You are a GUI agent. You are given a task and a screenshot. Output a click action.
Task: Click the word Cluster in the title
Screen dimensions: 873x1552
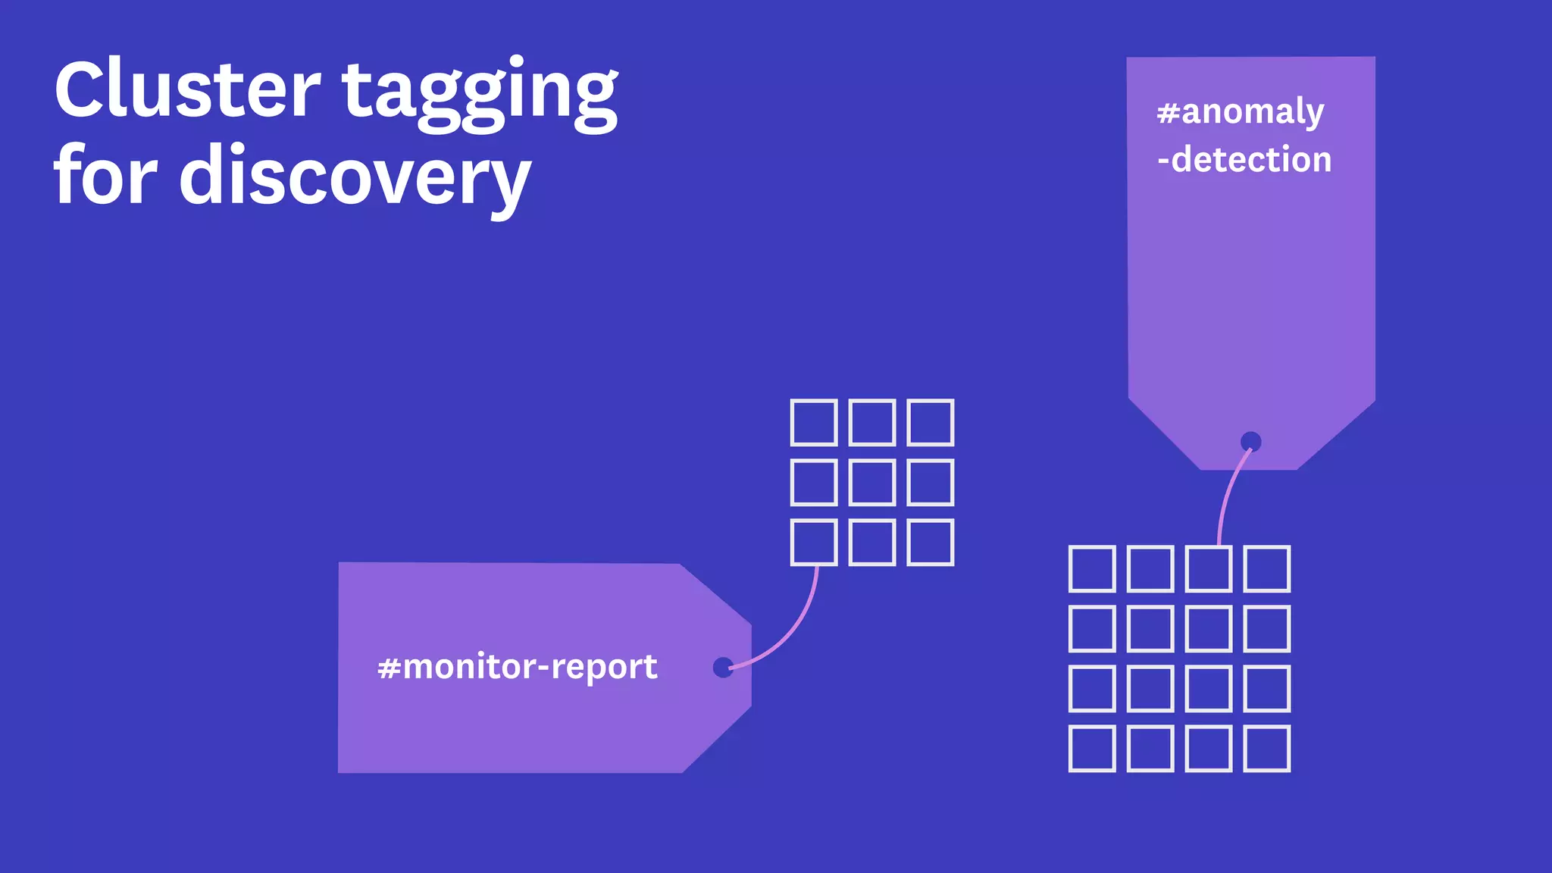click(187, 89)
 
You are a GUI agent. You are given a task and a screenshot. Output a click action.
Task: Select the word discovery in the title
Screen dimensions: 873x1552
click(355, 177)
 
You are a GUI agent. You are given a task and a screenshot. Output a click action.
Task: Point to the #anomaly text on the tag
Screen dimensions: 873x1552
click(1241, 112)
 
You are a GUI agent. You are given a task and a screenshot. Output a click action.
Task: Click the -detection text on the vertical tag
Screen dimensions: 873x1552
click(1244, 160)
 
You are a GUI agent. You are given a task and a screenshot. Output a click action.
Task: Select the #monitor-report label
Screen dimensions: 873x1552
click(518, 667)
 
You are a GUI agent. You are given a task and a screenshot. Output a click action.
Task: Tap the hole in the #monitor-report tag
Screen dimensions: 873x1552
click(723, 667)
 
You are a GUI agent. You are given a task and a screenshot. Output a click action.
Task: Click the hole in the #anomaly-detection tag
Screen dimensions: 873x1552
click(1250, 442)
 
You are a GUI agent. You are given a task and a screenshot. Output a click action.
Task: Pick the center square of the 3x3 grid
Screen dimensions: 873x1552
click(872, 482)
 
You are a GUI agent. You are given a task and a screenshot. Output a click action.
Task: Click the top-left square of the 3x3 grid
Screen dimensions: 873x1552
click(814, 422)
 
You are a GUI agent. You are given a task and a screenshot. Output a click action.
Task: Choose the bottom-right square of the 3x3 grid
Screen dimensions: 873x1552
click(931, 542)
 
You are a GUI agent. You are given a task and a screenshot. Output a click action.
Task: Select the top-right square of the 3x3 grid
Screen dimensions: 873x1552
click(931, 422)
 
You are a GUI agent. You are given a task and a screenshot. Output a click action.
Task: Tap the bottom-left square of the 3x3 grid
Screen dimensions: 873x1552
click(814, 542)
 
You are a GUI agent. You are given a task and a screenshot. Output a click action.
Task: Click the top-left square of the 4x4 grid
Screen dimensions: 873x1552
click(1092, 568)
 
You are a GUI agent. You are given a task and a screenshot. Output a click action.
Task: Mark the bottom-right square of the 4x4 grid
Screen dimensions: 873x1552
click(1267, 749)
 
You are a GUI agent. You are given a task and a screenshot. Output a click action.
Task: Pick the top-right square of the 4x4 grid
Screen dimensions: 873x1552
click(1267, 568)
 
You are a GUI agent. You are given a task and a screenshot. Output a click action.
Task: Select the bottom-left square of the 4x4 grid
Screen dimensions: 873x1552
click(1092, 749)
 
